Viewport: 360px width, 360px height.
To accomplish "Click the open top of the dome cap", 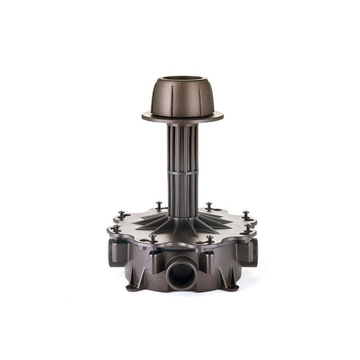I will [x=181, y=79].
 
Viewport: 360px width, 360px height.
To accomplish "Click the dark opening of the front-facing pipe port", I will [x=181, y=274].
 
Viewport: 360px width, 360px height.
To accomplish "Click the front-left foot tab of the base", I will [x=133, y=285].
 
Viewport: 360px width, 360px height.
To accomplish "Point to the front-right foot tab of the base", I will [x=231, y=285].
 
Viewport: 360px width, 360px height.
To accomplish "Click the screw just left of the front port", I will [x=153, y=238].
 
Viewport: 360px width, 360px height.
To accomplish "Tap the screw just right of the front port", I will [x=210, y=239].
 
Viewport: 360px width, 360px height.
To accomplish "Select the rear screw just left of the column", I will [x=159, y=205].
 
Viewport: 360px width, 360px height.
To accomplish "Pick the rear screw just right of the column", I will [x=209, y=205].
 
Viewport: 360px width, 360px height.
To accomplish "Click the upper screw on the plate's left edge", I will [x=122, y=214].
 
